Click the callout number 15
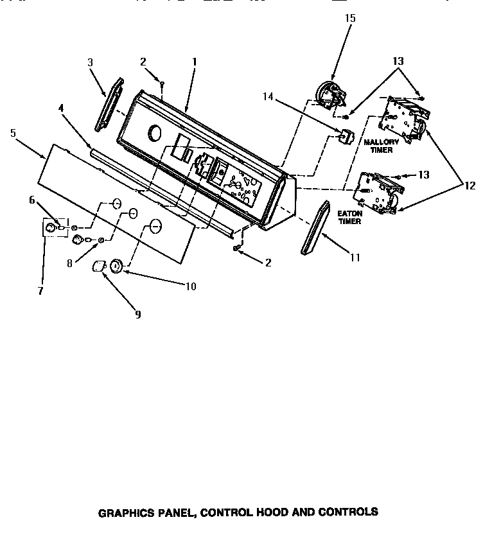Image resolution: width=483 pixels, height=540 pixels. pyautogui.click(x=349, y=18)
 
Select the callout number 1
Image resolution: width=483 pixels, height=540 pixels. pyautogui.click(x=194, y=62)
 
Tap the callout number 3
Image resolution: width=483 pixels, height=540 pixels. pyautogui.click(x=91, y=62)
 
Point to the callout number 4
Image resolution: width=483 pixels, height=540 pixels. pyautogui.click(x=61, y=109)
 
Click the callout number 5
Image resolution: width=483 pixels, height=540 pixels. pyautogui.click(x=13, y=133)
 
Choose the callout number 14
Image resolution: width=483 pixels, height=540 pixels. pyautogui.click(x=267, y=96)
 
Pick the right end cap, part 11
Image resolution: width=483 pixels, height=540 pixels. pyautogui.click(x=312, y=228)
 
